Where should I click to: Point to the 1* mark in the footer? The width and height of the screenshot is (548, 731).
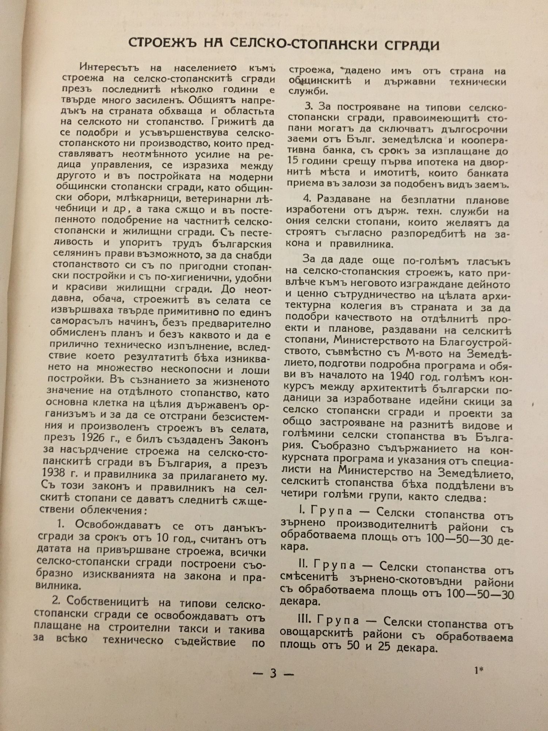point(479,670)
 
